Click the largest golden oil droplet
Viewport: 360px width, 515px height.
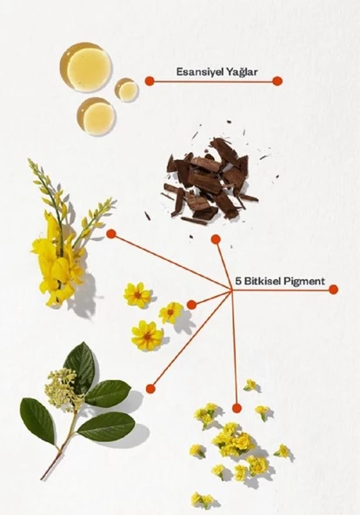point(84,66)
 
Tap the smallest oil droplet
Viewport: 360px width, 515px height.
point(126,90)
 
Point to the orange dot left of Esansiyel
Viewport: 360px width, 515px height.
point(150,80)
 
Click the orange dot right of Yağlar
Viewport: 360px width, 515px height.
point(277,80)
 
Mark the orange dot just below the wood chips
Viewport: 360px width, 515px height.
point(216,238)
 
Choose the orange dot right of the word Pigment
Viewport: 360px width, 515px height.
point(333,288)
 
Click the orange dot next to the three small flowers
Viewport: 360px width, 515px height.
point(191,304)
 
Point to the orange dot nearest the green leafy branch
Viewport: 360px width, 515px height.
point(150,388)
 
